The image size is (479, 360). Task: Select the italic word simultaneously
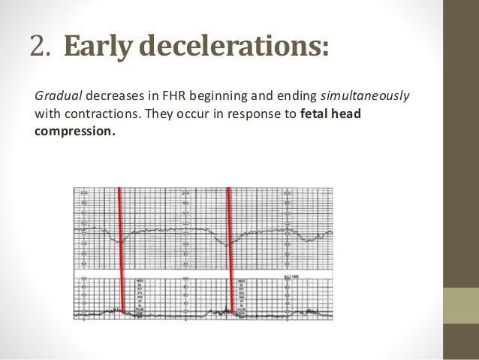point(365,96)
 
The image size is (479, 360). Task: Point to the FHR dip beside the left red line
point(116,240)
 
